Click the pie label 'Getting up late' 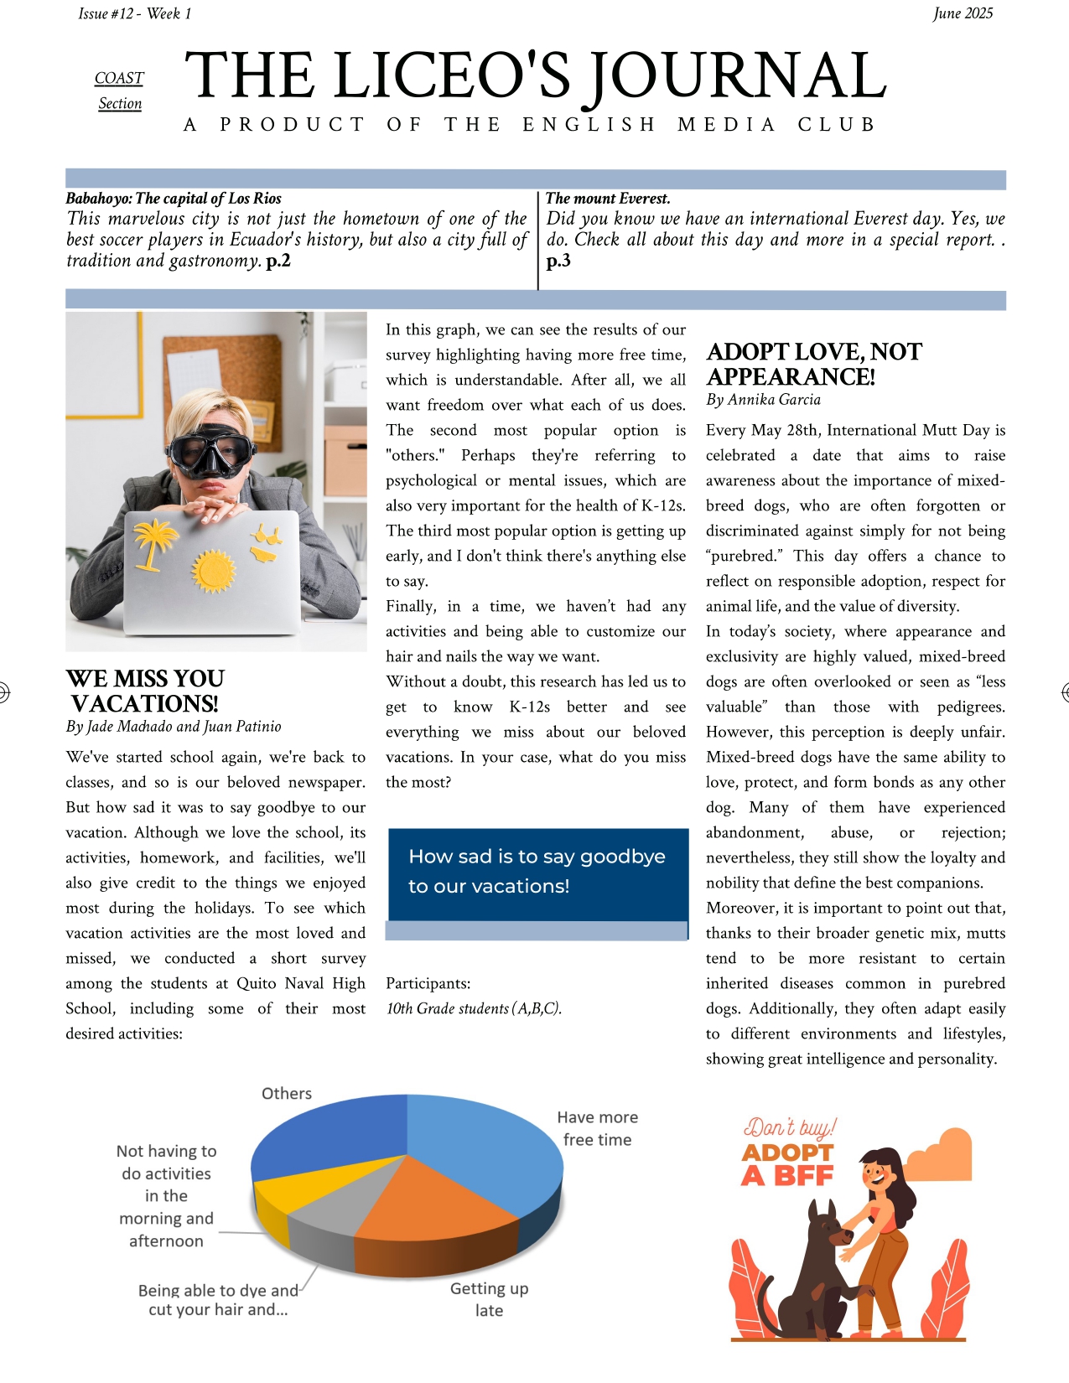[x=489, y=1299]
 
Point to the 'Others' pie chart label [x=287, y=1093]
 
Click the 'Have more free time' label [x=597, y=1128]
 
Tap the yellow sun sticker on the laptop [x=215, y=571]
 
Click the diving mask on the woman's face [x=210, y=453]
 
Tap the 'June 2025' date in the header [x=963, y=13]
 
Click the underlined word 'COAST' [x=119, y=78]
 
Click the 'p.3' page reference [x=558, y=261]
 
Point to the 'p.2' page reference [x=278, y=261]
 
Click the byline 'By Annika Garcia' [x=763, y=400]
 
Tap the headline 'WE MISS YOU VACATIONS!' [x=145, y=691]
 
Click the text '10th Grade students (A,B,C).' [x=474, y=1008]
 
